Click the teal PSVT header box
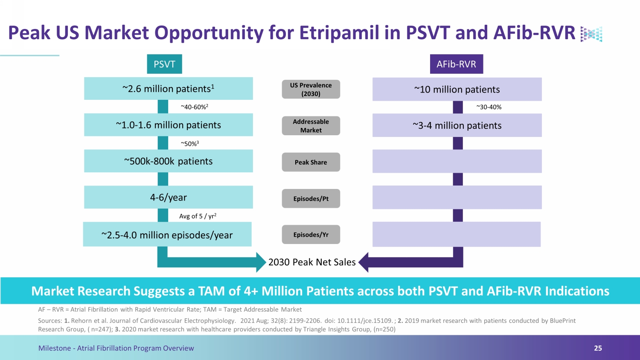164,64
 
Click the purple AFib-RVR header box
457,64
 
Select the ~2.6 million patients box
168,89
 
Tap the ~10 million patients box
457,89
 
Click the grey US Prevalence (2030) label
311,89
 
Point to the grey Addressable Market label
311,126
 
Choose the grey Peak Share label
311,162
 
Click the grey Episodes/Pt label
311,198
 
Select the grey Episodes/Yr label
311,235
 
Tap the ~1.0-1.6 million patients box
168,125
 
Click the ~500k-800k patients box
168,161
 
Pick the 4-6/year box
168,197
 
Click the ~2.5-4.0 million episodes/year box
167,234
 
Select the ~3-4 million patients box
457,125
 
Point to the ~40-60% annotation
194,107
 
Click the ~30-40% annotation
489,107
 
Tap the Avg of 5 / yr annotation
198,216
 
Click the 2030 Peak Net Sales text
312,262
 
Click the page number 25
598,348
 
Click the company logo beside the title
591,34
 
